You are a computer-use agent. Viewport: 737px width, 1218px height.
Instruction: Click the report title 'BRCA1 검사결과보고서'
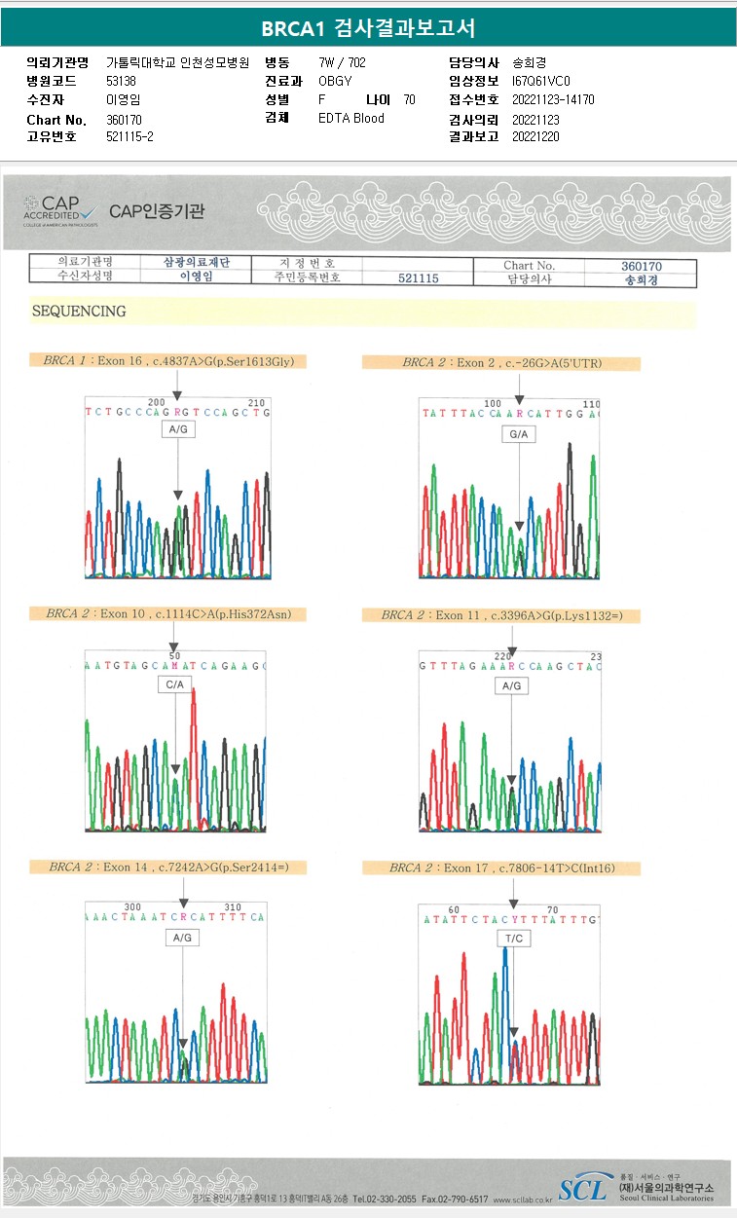tap(368, 27)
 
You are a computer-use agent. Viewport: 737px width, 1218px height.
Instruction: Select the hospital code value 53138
tap(122, 81)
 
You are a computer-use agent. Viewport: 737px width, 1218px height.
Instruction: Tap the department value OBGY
tap(335, 81)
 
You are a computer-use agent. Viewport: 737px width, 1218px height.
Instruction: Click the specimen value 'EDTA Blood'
tap(351, 118)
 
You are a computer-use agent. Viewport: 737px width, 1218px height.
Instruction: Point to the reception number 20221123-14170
tap(553, 99)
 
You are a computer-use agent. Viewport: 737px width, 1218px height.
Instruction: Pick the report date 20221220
tap(535, 136)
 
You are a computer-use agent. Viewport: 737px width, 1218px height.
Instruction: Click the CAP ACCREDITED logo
tap(60, 209)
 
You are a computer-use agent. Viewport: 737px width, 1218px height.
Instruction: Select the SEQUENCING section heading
tap(80, 312)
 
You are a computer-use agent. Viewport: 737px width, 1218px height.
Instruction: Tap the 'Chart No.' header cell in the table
tap(529, 265)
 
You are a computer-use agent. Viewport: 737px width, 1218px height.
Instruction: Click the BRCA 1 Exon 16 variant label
tap(169, 361)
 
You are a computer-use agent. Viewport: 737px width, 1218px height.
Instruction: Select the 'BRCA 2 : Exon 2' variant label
tap(501, 363)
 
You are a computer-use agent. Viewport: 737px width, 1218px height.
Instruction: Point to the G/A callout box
tap(519, 433)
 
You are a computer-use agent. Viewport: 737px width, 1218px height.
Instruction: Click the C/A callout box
tap(175, 684)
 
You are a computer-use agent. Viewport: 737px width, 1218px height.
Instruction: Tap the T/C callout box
tap(514, 938)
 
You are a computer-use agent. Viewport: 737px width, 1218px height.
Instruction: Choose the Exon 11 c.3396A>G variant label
tap(501, 615)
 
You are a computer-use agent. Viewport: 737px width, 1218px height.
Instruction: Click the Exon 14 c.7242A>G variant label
tap(176, 867)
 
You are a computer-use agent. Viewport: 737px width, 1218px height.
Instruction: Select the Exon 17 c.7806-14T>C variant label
tap(501, 867)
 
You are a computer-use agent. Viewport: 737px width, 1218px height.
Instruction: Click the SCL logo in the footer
tap(582, 1188)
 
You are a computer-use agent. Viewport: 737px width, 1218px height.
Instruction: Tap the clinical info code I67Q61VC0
tap(541, 81)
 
